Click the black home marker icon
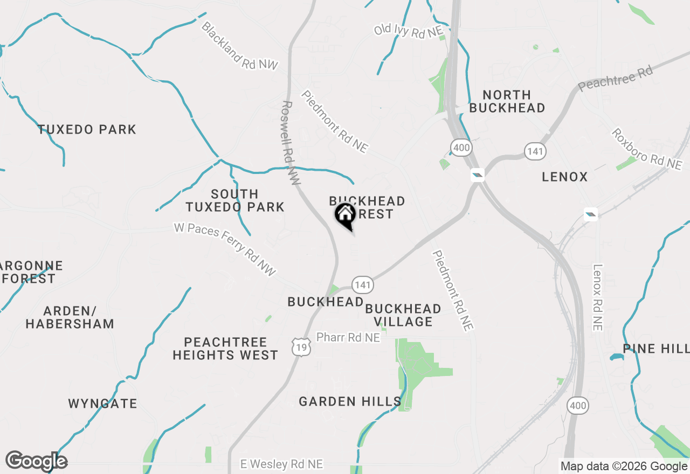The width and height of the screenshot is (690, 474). pos(345,215)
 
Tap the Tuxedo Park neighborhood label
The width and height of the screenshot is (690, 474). pos(87,129)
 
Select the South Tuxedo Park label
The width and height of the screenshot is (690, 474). pos(235,200)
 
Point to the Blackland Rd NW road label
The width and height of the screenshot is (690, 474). pos(239,46)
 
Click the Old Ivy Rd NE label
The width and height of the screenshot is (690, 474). pos(408,30)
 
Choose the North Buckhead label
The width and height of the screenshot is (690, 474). pos(507,101)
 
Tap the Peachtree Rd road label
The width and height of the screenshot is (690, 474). pos(616,78)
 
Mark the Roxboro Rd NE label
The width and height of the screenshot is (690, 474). pos(646,149)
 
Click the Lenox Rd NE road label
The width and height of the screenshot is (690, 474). pos(597,297)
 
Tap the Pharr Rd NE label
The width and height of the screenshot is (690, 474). pos(348,337)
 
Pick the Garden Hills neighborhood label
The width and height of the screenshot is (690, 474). pos(350,401)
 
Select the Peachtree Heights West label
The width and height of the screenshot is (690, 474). pos(225,348)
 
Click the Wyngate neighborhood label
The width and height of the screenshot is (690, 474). pos(102,403)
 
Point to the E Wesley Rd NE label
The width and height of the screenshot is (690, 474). pos(281,464)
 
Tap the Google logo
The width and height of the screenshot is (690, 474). pos(36,462)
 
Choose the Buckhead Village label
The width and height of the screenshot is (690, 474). pos(403,315)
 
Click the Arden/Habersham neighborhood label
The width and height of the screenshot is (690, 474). pos(70,317)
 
